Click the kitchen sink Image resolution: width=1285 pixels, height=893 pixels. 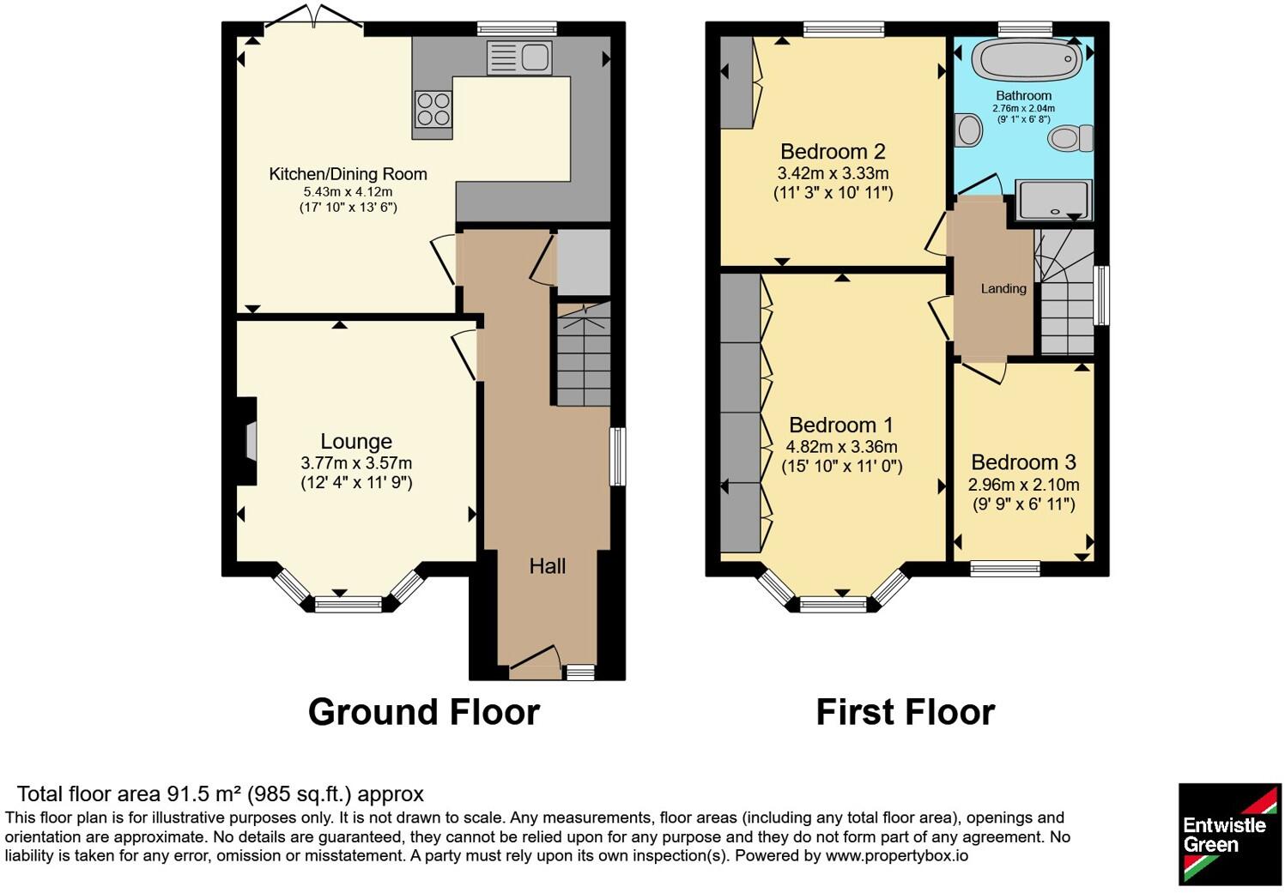519,57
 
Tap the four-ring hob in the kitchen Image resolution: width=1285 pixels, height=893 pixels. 433,109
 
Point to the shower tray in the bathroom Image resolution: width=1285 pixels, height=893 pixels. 1053,200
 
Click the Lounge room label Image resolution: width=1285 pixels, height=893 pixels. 356,441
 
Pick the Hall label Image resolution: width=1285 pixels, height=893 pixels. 548,565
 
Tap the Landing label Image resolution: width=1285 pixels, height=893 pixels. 1003,288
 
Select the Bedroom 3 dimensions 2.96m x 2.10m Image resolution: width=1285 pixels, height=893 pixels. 1023,485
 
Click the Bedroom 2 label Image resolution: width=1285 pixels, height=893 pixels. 833,151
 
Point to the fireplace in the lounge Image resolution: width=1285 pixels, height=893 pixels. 247,441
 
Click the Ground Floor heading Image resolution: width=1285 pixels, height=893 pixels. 424,712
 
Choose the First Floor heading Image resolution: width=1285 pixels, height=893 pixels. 906,712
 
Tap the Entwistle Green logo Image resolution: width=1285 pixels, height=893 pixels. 1229,834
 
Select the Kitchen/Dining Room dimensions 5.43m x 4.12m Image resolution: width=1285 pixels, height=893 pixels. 349,192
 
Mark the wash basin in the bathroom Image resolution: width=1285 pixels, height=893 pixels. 968,129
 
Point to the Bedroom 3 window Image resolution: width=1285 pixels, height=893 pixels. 1005,568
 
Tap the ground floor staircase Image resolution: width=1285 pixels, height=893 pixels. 584,354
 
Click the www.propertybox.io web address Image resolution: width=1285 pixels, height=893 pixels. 897,856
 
